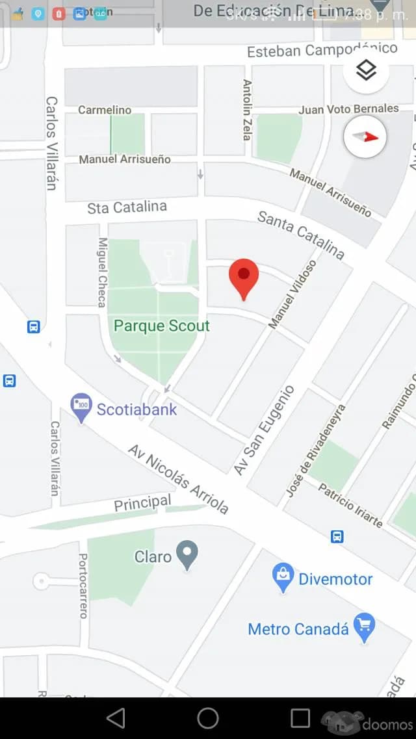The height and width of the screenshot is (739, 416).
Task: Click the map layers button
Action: click(x=367, y=70)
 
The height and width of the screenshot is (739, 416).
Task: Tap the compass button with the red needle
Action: click(x=365, y=136)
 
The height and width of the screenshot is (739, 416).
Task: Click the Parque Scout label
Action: click(x=162, y=326)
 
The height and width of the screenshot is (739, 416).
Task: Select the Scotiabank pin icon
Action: click(x=81, y=408)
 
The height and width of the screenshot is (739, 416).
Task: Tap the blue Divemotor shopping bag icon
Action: click(x=283, y=578)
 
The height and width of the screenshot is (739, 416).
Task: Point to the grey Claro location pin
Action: click(x=187, y=555)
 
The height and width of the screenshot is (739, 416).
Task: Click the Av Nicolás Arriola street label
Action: click(x=179, y=479)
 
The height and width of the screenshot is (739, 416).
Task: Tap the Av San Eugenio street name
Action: click(x=265, y=430)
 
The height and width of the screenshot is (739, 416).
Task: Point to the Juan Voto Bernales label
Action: click(x=348, y=109)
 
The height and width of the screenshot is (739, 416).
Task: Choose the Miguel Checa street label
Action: click(x=102, y=271)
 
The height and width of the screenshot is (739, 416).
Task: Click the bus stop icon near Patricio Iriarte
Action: click(x=337, y=536)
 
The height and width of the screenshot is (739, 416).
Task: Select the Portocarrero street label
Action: click(x=83, y=585)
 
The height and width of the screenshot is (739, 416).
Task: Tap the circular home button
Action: click(x=208, y=718)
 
